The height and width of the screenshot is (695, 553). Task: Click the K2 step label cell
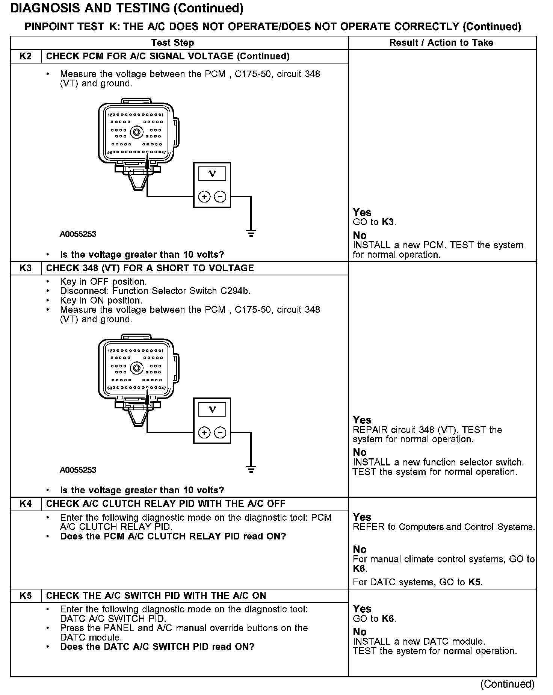[x=26, y=56]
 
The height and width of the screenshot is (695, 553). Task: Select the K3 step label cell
[x=26, y=268]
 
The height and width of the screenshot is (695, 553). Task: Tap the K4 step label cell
[x=26, y=504]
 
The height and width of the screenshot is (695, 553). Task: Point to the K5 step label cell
[x=26, y=596]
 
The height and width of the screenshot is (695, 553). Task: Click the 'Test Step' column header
[x=172, y=43]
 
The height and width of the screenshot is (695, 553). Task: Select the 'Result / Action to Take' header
[x=441, y=43]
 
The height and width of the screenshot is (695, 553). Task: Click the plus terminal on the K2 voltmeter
[x=204, y=196]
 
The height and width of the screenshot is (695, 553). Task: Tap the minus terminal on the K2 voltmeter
[x=220, y=196]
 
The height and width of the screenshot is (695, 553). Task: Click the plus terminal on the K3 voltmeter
[x=204, y=433]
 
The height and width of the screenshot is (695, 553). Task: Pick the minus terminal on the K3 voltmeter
[x=220, y=433]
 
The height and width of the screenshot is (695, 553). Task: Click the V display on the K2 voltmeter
[x=212, y=174]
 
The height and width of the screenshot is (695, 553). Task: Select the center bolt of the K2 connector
[x=136, y=132]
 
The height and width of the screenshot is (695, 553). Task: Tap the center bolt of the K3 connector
[x=136, y=368]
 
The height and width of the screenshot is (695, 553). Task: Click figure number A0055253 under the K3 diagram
[x=78, y=470]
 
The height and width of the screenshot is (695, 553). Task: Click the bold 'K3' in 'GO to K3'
[x=388, y=222]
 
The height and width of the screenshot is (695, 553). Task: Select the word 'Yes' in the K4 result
[x=362, y=517]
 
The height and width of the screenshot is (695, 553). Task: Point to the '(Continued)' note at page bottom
[x=507, y=684]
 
